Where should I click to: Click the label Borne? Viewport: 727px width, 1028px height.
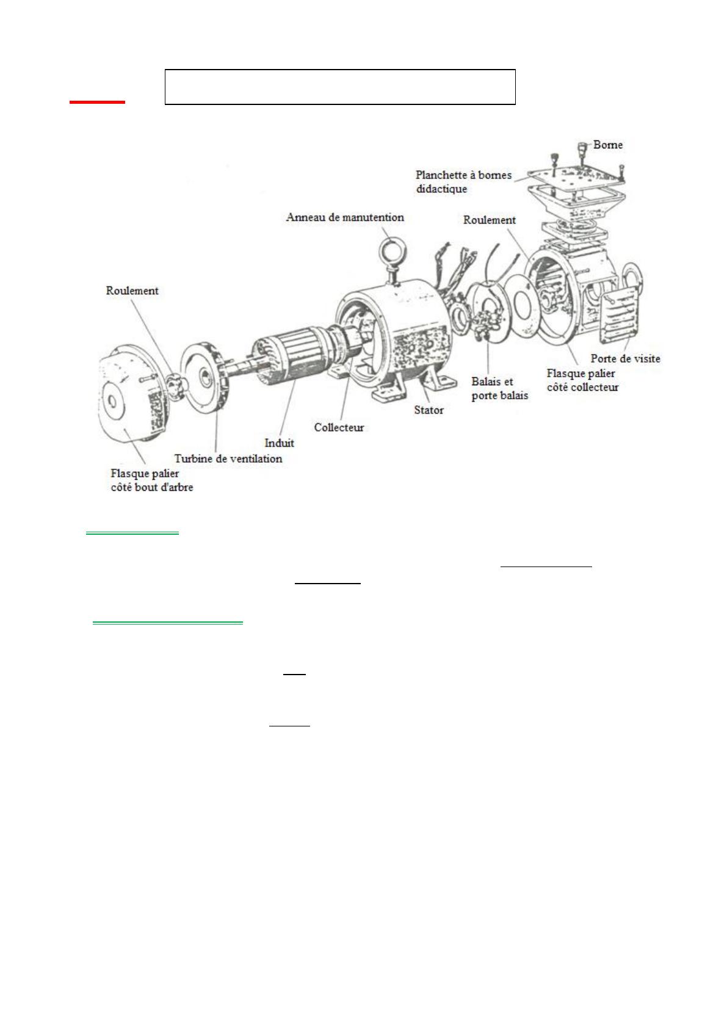tap(608, 145)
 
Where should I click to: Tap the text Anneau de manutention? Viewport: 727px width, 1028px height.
tap(345, 217)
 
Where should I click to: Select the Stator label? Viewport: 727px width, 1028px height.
tap(429, 410)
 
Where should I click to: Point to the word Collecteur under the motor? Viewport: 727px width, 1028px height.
tap(339, 428)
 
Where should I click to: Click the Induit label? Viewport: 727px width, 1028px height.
tap(279, 443)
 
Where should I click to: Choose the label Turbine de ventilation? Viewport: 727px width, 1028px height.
tap(228, 458)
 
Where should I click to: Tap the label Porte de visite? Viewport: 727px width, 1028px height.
tap(625, 359)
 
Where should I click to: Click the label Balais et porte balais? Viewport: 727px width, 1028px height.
tap(500, 389)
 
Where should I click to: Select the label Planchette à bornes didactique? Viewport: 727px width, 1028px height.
tap(463, 182)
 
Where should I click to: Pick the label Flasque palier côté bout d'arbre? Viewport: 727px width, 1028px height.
tap(152, 480)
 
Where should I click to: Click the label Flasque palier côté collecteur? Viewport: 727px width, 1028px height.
tap(582, 380)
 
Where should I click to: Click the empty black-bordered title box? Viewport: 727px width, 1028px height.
tap(340, 87)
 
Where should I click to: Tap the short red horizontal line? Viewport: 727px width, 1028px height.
tap(97, 102)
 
